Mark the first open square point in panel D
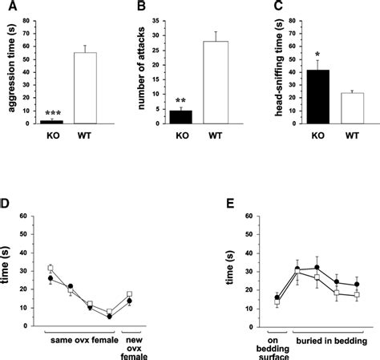click(51, 268)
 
